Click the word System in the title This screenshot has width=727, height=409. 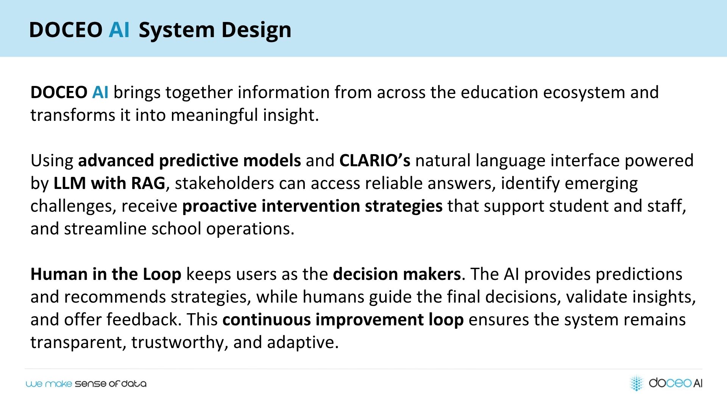[x=177, y=30]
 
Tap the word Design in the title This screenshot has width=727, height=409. [x=256, y=30]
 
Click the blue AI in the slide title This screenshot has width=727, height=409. [x=119, y=30]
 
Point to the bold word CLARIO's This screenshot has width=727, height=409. [x=374, y=161]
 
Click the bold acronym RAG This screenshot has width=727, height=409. [x=148, y=183]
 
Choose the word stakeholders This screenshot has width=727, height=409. [x=224, y=183]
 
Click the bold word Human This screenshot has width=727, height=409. [x=59, y=274]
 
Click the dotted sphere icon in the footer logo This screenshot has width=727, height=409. [x=637, y=383]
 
